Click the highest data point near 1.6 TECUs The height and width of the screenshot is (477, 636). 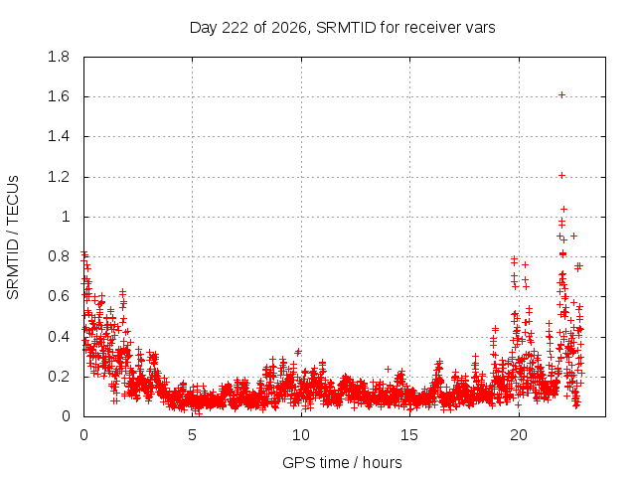561,95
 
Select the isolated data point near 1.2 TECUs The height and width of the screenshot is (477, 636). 561,175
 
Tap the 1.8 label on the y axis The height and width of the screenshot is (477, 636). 59,57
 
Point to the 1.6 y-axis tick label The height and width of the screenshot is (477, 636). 59,96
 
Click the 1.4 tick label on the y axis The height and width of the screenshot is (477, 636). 59,137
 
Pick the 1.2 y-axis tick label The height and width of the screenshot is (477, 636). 59,177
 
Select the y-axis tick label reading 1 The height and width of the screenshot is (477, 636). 66,217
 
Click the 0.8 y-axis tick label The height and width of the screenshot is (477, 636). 59,256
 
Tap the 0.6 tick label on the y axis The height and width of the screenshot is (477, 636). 59,296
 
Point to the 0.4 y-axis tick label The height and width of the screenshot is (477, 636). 59,336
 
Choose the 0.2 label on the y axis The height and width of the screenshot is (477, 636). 59,377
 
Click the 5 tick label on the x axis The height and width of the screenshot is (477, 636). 192,435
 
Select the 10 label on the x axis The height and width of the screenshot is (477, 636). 301,435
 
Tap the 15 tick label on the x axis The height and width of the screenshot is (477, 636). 409,435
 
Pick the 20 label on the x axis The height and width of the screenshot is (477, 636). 519,435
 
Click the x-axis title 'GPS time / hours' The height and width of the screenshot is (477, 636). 342,462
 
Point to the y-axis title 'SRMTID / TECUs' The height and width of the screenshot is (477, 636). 13,238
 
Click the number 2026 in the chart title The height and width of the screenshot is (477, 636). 289,28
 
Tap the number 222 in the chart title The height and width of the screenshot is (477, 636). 237,28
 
